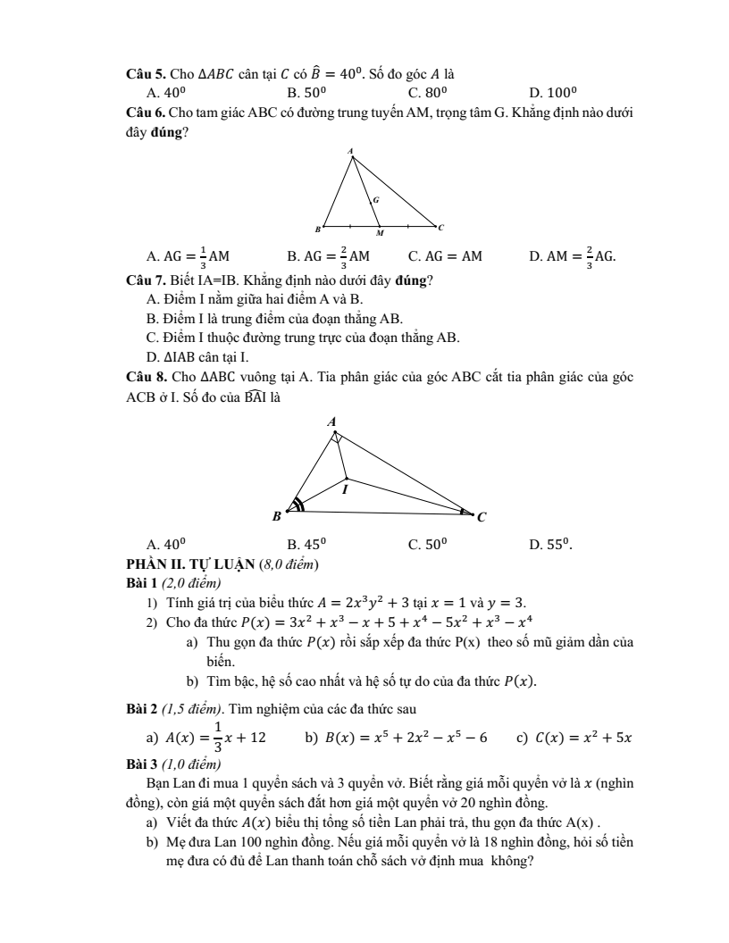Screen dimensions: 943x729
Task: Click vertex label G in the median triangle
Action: point(375,200)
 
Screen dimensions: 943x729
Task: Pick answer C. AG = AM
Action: point(445,256)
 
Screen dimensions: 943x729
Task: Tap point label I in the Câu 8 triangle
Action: point(345,489)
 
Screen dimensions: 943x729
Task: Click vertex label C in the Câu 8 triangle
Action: point(482,517)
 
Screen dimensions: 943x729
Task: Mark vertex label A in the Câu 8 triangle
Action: point(331,421)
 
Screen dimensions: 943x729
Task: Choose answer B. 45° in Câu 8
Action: point(306,543)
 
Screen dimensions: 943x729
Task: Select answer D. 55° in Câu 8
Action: point(552,543)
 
